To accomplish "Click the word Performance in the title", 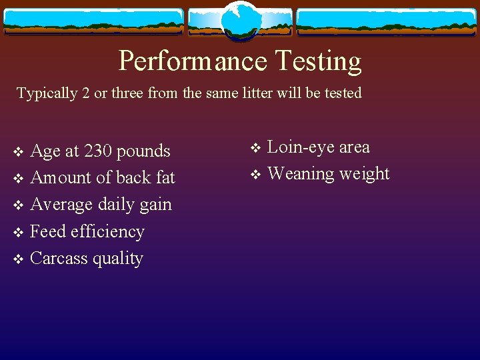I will [193, 61].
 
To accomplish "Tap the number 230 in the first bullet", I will [99, 151].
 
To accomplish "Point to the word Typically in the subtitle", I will [47, 93].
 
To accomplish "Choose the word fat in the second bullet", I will [165, 178].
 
